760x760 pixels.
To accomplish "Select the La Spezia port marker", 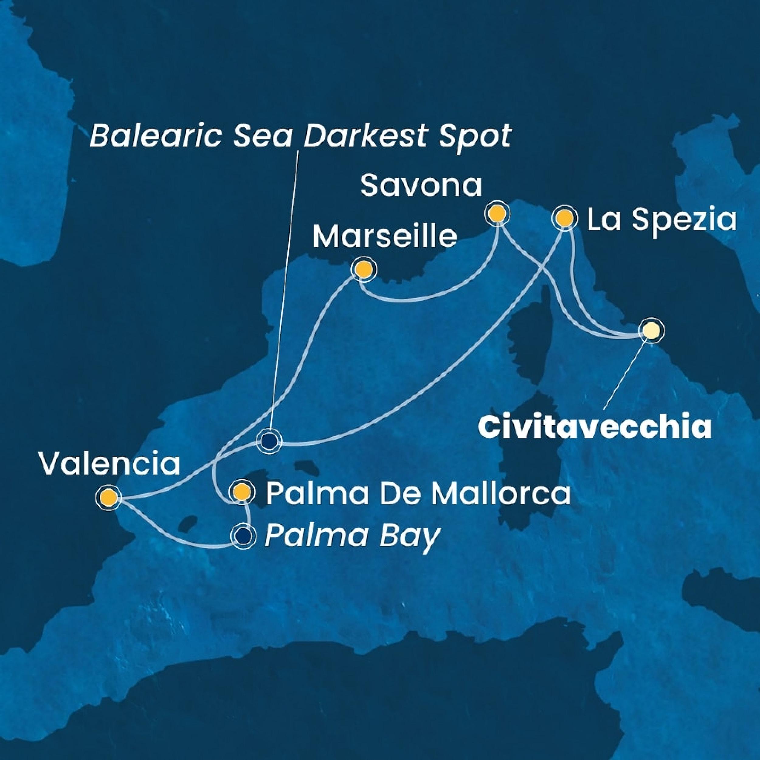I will click(565, 218).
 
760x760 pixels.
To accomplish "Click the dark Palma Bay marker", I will click(243, 535).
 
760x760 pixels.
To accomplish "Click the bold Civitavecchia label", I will click(594, 429).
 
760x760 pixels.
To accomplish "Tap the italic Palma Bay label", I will click(351, 536).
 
